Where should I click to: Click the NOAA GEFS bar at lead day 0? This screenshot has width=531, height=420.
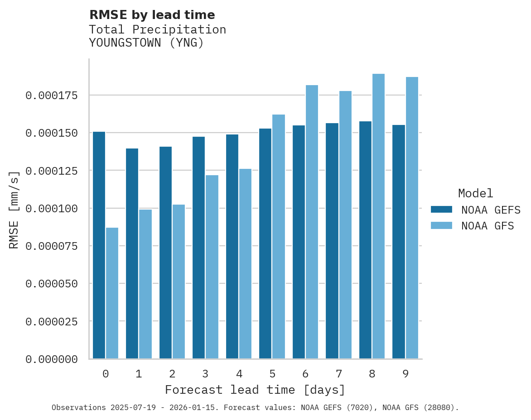pyautogui.click(x=99, y=245)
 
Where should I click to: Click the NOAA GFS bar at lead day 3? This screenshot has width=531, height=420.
pyautogui.click(x=212, y=267)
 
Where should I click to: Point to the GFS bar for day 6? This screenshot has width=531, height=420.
pyautogui.click(x=312, y=222)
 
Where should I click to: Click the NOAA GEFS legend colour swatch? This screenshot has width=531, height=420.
pyautogui.click(x=441, y=209)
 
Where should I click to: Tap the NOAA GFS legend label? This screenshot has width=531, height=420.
pyautogui.click(x=488, y=225)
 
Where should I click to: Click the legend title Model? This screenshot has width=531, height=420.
pyautogui.click(x=475, y=193)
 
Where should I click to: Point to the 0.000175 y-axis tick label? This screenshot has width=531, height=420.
pyautogui.click(x=51, y=95)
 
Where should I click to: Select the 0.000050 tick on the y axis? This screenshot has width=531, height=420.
pyautogui.click(x=51, y=283)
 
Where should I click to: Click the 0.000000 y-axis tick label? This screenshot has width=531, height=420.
pyautogui.click(x=51, y=359)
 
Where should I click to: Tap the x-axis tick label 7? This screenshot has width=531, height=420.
pyautogui.click(x=338, y=374)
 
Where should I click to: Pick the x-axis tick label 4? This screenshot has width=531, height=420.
pyautogui.click(x=239, y=374)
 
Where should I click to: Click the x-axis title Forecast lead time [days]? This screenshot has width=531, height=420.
pyautogui.click(x=255, y=390)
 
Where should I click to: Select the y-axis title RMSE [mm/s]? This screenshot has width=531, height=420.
pyautogui.click(x=14, y=210)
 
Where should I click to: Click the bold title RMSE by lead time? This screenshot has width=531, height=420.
pyautogui.click(x=152, y=15)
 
